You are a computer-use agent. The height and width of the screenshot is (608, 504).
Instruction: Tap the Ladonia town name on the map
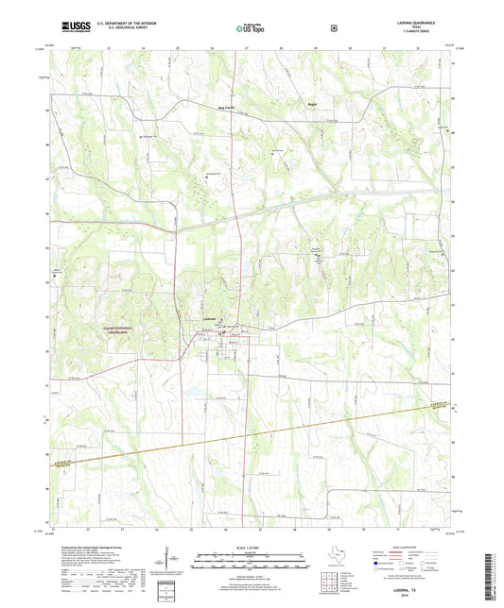pos(211,318)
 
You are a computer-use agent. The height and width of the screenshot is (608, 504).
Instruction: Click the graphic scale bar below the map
pos(251,558)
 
